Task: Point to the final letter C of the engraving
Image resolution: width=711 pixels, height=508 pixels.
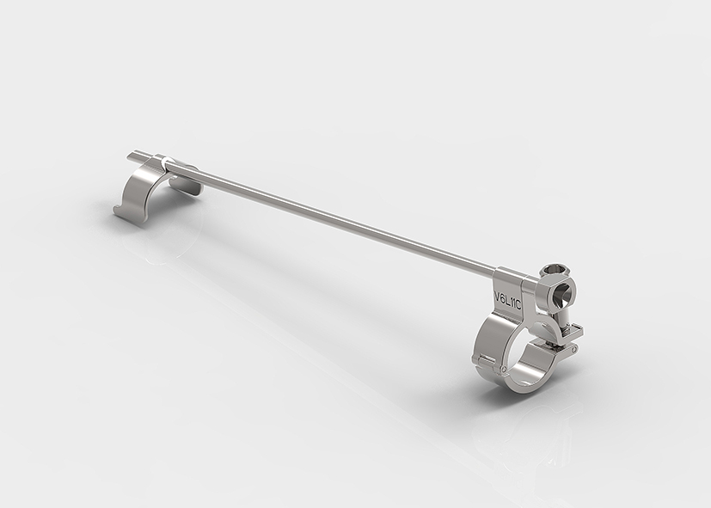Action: point(518,305)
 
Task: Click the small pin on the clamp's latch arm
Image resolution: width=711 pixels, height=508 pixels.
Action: point(575,349)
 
